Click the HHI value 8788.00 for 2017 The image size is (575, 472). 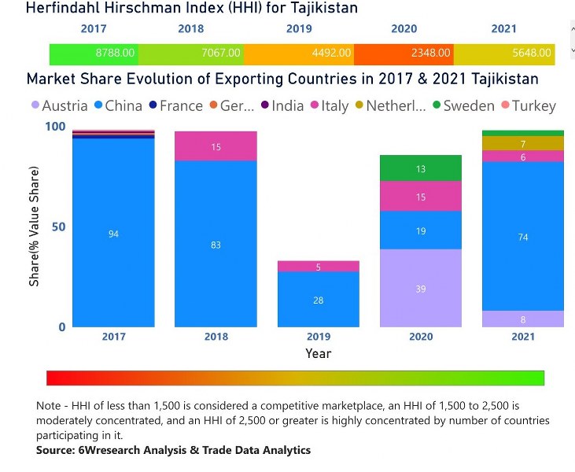[x=115, y=53]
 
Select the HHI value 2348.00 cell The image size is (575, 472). [x=430, y=53]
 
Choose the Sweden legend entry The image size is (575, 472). [x=470, y=105]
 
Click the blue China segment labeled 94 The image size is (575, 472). [x=113, y=233]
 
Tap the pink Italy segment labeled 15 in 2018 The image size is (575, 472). [x=216, y=146]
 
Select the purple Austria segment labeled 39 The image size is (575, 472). [x=420, y=288]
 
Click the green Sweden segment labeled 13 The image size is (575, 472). [x=420, y=168]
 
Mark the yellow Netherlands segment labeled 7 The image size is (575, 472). [x=523, y=143]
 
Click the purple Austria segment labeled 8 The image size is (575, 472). [x=523, y=319]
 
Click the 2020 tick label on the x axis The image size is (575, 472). [x=420, y=337]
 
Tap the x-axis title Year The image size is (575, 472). [x=318, y=353]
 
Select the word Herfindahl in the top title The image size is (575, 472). [x=64, y=9]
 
